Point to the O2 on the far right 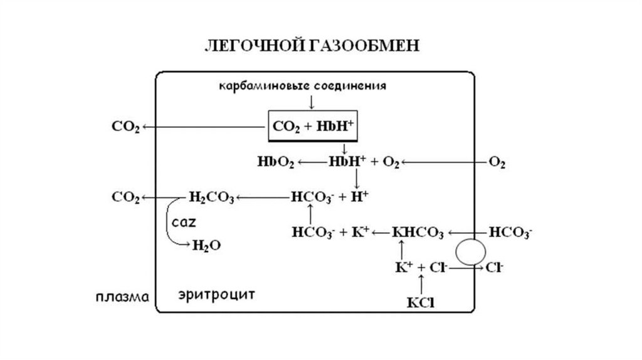(x=497, y=163)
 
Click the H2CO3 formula (x=211, y=198)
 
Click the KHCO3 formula (x=418, y=233)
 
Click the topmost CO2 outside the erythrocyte (x=125, y=127)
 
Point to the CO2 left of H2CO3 (x=125, y=198)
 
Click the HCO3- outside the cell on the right (x=510, y=233)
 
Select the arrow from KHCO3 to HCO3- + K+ (x=380, y=233)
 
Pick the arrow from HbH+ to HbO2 (x=312, y=162)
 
